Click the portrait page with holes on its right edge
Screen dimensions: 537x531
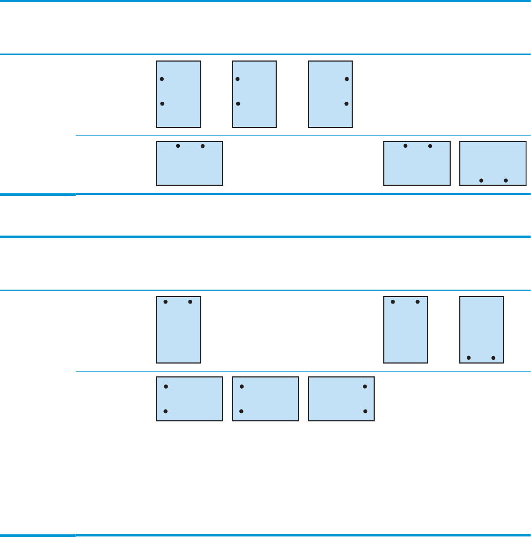click(x=330, y=94)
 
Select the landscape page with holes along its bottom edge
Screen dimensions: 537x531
click(x=493, y=163)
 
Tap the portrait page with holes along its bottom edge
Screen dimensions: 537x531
click(x=482, y=330)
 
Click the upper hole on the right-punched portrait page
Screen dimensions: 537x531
click(x=347, y=79)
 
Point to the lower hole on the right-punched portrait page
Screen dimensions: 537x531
click(x=347, y=103)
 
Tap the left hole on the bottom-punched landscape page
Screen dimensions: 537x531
click(x=481, y=180)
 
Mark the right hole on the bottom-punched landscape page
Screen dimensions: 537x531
click(x=506, y=180)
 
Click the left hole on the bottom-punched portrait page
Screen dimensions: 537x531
click(x=469, y=357)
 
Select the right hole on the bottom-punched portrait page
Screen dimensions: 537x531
click(x=494, y=357)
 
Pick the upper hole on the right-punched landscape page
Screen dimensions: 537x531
click(x=365, y=386)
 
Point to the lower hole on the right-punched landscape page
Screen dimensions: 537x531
click(x=365, y=411)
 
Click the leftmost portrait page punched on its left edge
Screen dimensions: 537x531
click(x=178, y=94)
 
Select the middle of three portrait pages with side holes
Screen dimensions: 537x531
click(x=254, y=94)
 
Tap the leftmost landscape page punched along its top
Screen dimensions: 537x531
click(x=189, y=163)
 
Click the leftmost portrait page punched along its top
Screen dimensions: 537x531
click(x=178, y=330)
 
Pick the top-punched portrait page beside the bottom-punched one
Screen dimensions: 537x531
click(x=406, y=330)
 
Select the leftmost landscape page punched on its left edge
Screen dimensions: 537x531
click(x=189, y=398)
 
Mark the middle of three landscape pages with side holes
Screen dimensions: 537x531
click(x=265, y=398)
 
